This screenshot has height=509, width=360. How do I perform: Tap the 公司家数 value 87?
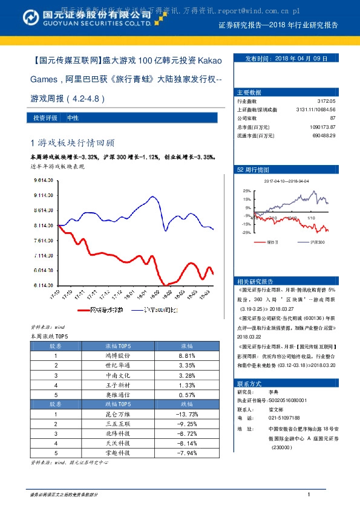pos(332,118)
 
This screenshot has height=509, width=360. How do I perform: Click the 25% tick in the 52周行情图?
pos(246,190)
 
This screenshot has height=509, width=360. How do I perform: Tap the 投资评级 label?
pos(45,118)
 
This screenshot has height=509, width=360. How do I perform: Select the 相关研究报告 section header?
pos(255,281)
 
